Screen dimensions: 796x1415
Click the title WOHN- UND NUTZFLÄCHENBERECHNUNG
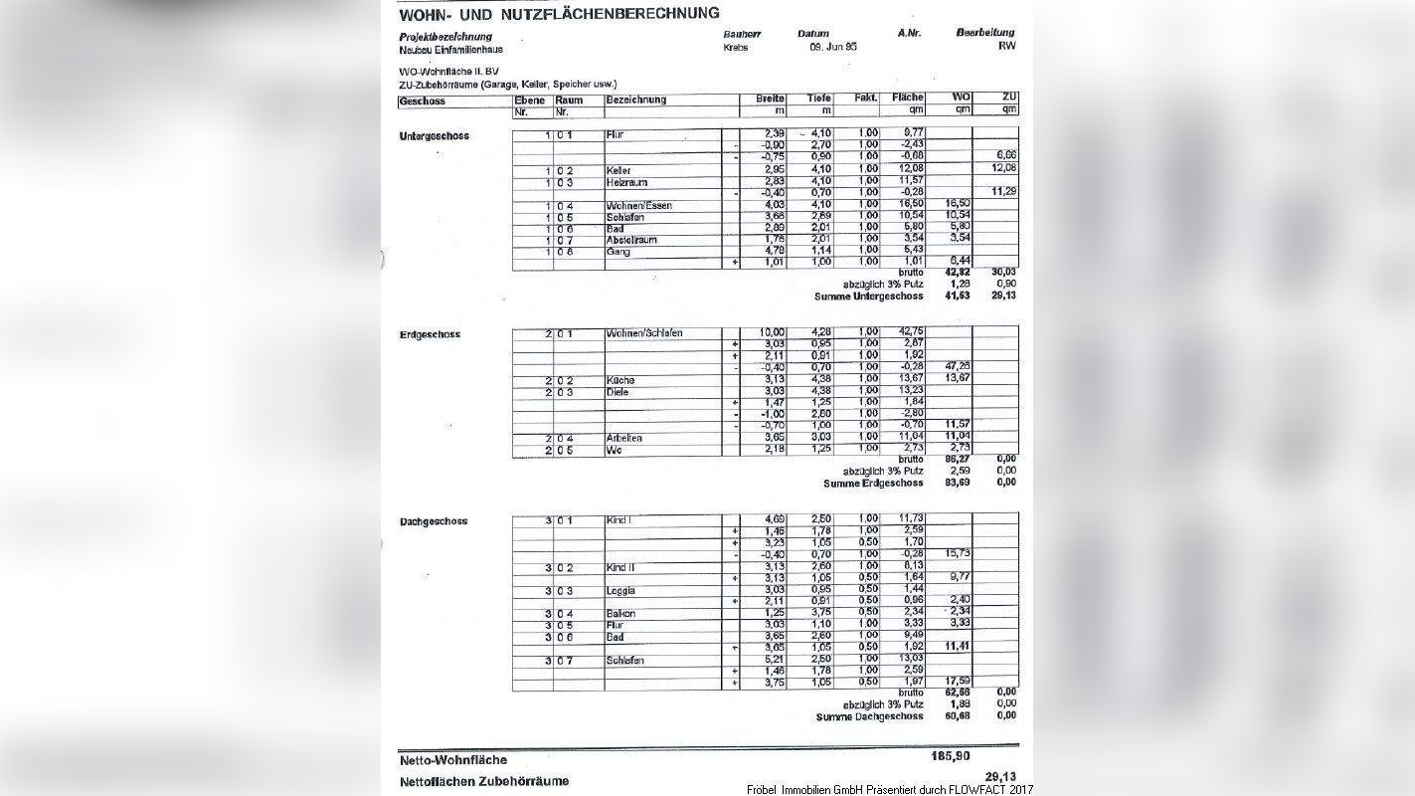[x=559, y=14]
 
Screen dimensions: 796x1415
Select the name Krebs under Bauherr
[x=736, y=47]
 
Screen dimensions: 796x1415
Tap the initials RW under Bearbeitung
[x=1007, y=46]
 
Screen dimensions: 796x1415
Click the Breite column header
[x=771, y=99]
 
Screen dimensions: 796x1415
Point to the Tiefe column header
[x=818, y=99]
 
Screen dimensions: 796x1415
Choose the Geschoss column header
[x=423, y=100]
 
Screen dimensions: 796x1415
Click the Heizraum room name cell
[x=626, y=182]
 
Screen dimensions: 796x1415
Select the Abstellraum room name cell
[x=630, y=240]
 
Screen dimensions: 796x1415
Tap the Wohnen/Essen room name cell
[x=638, y=206]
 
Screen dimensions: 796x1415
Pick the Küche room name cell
[x=620, y=380]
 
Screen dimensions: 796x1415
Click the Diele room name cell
[x=619, y=392]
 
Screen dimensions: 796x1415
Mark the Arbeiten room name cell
[x=624, y=438]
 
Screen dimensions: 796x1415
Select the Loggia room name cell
[x=621, y=590]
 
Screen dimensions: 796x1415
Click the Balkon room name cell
[x=620, y=613]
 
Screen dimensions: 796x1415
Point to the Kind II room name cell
[x=620, y=567]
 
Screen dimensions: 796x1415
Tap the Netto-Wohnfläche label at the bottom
[x=452, y=760]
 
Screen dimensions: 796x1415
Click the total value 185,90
[x=951, y=757]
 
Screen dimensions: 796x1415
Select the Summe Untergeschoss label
[x=868, y=296]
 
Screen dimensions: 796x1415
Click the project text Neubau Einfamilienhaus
[x=450, y=49]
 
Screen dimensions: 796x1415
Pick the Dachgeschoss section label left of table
[x=434, y=521]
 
